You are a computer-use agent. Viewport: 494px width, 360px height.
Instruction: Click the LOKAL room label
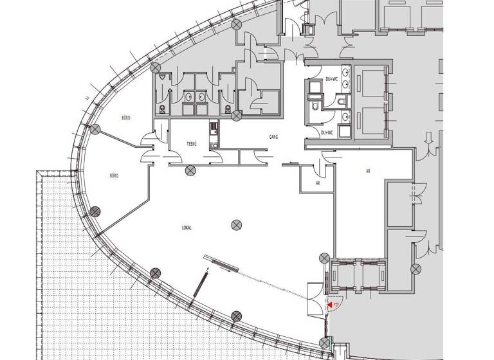pos(187,228)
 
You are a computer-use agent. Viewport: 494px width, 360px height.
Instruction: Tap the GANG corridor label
pos(273,137)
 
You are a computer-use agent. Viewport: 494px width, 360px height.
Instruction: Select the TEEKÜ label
pos(192,144)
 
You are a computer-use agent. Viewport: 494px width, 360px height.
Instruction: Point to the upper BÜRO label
pos(126,118)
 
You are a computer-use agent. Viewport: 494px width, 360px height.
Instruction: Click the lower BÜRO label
pos(114,175)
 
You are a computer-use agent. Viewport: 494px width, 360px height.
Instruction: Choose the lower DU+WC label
pos(327,133)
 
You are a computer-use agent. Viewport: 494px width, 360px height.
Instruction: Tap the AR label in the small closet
pos(318,183)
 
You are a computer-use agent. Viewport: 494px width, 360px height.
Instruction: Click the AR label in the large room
pos(367,170)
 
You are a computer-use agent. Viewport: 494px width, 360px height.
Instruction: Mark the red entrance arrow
pos(331,306)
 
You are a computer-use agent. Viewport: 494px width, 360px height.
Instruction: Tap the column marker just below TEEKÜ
pos(190,170)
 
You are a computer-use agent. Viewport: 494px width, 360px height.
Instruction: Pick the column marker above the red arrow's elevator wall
pos(324,258)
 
